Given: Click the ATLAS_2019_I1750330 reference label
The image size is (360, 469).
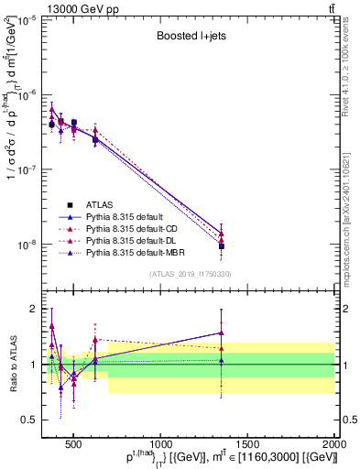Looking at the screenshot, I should [190, 274].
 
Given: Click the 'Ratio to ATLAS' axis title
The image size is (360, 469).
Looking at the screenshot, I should [11, 364].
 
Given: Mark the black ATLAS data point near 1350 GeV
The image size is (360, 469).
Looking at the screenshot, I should [222, 246].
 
